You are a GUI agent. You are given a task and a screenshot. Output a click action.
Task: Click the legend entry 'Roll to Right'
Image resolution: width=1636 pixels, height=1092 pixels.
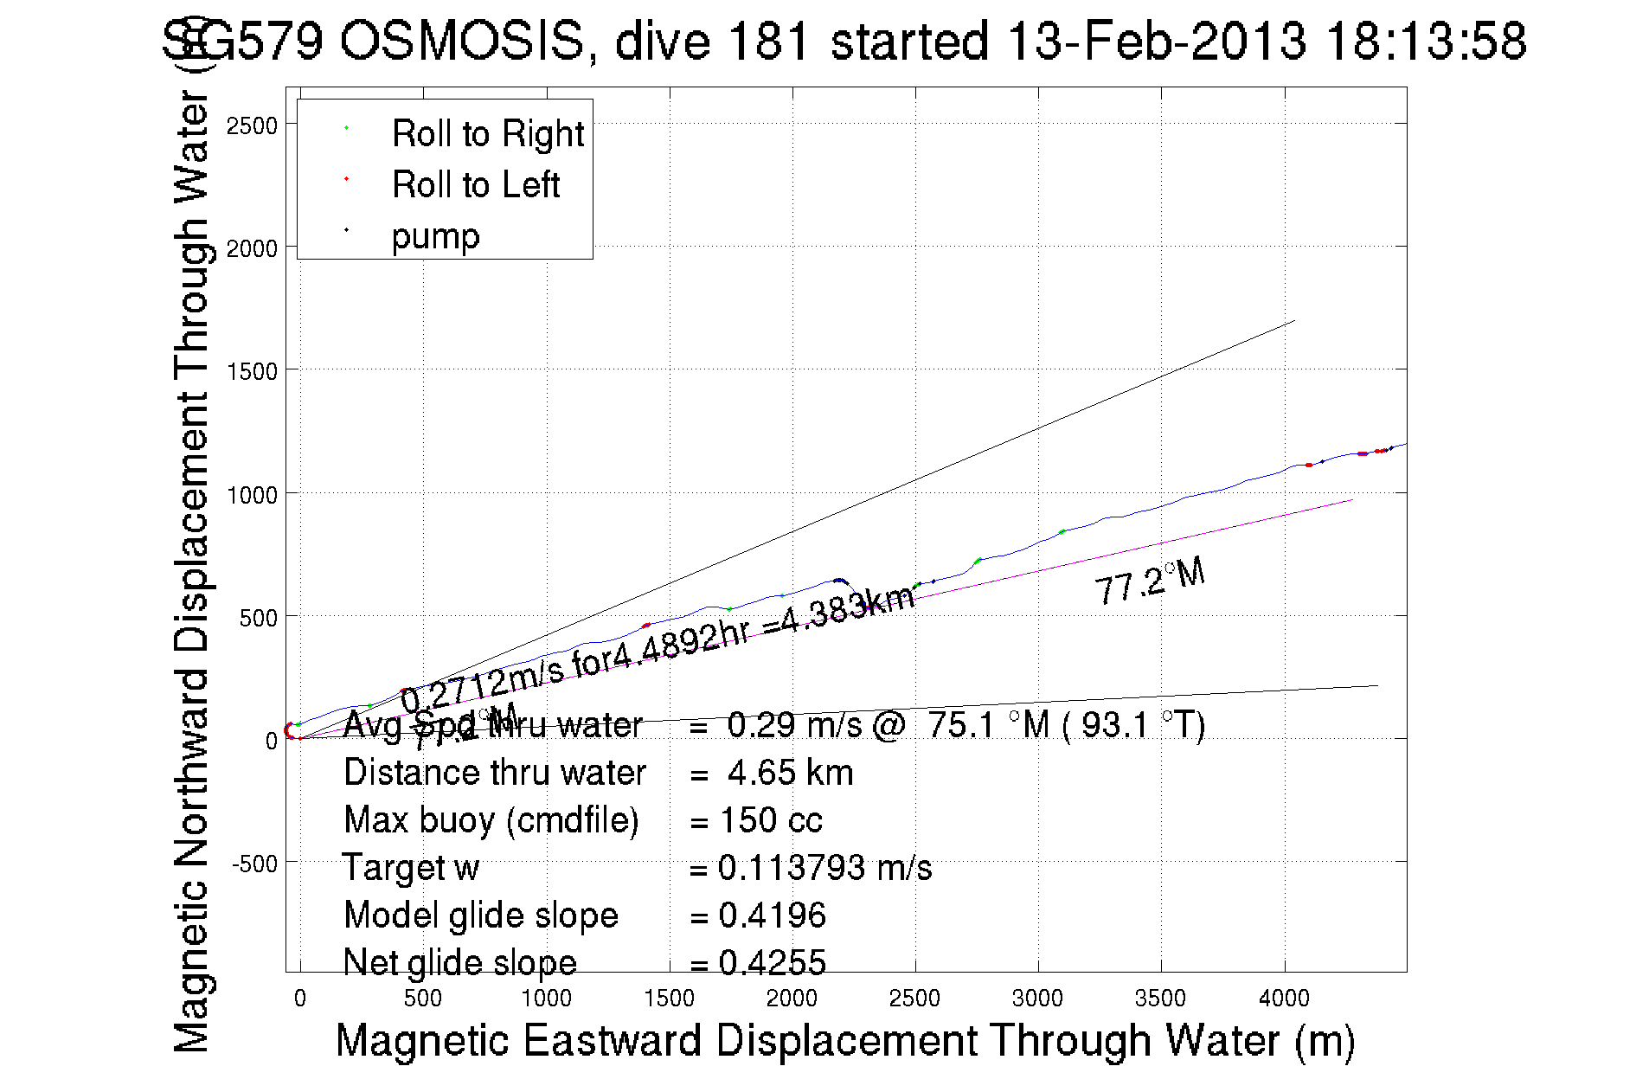487,134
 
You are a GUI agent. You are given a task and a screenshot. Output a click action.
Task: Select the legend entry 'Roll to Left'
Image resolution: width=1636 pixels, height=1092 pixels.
475,185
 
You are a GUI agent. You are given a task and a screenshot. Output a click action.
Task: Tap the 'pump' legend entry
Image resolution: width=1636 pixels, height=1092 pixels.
435,236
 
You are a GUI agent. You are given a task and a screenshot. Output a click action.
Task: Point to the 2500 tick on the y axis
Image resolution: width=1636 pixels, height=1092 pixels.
252,126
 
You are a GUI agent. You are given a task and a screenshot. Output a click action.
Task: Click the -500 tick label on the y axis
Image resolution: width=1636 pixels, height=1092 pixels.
254,864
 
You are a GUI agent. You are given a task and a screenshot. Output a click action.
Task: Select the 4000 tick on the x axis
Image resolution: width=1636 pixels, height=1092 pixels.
1284,999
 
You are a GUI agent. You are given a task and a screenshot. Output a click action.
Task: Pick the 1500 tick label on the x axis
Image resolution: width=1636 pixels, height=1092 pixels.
669,999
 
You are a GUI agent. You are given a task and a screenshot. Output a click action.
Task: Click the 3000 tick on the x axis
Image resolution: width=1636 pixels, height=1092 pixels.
1037,999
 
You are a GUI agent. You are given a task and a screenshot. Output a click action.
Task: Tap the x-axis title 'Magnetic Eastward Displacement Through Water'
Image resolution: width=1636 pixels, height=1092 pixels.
844,1040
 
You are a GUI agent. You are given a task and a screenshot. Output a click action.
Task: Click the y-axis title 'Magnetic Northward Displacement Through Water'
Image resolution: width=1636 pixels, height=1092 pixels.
192,571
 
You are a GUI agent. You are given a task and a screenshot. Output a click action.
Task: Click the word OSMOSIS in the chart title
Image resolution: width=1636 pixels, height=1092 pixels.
461,41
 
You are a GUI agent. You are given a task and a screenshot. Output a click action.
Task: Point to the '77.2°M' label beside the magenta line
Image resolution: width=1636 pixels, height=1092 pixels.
1149,581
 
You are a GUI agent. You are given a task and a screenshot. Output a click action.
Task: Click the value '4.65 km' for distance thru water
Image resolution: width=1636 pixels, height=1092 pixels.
790,773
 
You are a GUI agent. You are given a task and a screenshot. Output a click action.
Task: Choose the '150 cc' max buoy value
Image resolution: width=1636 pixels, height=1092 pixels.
771,820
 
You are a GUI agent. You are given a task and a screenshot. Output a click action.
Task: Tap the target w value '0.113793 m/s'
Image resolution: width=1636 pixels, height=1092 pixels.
824,868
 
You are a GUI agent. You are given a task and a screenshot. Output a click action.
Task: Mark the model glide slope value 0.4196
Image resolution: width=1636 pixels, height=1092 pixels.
772,915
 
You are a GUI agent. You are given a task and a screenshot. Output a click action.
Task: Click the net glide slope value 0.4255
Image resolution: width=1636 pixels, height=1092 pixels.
772,962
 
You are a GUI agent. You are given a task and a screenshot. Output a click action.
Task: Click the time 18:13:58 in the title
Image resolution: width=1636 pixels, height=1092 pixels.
1426,41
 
